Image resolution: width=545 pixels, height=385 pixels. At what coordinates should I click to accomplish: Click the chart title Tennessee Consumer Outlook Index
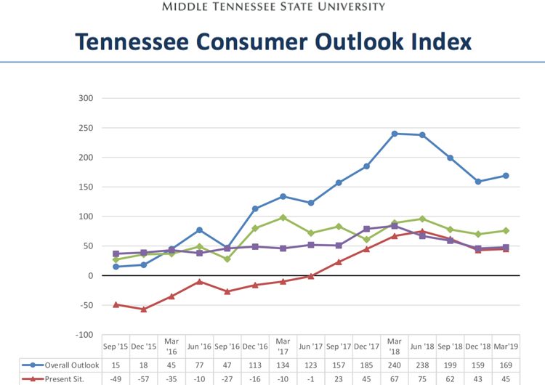point(272,42)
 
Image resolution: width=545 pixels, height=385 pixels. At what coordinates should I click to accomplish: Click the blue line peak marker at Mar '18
point(395,134)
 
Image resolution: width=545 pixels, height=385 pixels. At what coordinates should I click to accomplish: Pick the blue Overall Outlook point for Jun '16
point(200,230)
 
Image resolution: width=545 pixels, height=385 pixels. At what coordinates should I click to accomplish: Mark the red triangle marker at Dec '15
point(144,309)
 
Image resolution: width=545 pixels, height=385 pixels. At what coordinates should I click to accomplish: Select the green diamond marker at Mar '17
point(283,217)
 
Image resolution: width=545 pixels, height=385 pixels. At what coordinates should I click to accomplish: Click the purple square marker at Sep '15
point(116,254)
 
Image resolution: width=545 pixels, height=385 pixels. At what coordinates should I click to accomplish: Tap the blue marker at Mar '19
point(506,176)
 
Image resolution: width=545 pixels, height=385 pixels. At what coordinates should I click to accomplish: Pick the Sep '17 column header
point(339,346)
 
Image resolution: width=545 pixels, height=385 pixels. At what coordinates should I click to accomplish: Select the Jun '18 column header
point(422,346)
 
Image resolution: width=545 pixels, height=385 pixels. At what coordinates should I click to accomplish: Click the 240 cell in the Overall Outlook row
point(395,365)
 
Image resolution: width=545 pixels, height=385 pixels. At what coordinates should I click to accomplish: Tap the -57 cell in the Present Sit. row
point(144,378)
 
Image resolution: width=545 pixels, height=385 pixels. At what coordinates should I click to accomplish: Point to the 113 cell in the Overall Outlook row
point(255,365)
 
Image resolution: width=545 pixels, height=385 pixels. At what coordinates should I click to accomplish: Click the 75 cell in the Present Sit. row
point(422,378)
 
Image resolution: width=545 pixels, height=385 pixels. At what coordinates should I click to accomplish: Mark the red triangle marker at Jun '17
point(311,276)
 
